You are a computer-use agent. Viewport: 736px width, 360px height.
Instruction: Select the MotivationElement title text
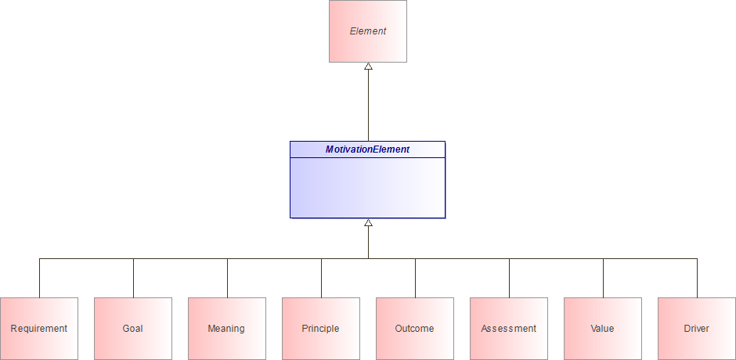pyautogui.click(x=367, y=149)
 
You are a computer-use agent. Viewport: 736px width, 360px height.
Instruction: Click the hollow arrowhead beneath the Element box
pyautogui.click(x=368, y=67)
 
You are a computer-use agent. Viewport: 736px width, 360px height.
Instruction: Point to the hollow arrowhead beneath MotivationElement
pyautogui.click(x=368, y=223)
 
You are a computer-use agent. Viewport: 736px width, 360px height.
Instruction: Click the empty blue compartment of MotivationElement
pyautogui.click(x=367, y=188)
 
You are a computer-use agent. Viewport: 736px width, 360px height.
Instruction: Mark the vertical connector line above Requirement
pyautogui.click(x=39, y=278)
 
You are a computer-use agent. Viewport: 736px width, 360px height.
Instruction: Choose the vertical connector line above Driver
pyautogui.click(x=697, y=278)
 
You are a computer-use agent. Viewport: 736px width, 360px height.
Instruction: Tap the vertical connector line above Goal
pyautogui.click(x=133, y=278)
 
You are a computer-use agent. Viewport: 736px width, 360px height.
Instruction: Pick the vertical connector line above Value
pyautogui.click(x=603, y=278)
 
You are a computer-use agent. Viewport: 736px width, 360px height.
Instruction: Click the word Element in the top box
pyautogui.click(x=368, y=31)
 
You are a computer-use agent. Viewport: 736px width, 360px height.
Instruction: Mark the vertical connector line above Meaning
pyautogui.click(x=227, y=278)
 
